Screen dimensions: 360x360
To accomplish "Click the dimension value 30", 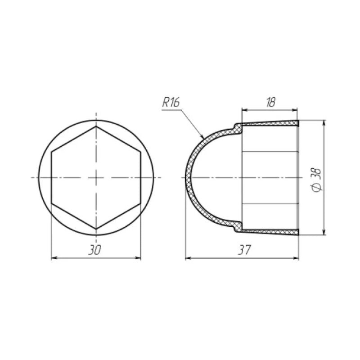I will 95,251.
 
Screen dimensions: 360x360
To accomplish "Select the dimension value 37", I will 244,250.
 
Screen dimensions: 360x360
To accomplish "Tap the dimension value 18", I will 270,102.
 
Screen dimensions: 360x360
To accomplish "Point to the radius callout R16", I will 171,103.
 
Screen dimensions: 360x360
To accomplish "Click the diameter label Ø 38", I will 316,180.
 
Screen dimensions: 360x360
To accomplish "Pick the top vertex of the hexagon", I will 95,126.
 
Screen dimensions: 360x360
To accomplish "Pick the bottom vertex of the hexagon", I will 95,229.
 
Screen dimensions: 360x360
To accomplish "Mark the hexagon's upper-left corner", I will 52,152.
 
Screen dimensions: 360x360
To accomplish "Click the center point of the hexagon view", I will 95,178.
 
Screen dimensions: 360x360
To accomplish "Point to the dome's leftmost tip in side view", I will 186,178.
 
